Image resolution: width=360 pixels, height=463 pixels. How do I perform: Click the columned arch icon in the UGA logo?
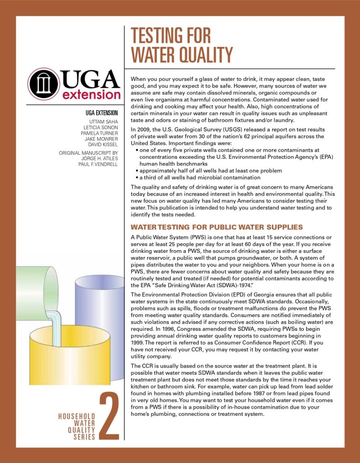coord(43,84)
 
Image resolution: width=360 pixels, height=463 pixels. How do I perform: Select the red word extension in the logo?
coord(91,95)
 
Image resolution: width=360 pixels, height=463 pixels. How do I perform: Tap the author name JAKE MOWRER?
coord(100,139)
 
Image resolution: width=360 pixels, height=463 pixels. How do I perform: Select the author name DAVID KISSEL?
coord(101,145)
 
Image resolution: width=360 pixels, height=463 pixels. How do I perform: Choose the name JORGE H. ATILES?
coord(99,158)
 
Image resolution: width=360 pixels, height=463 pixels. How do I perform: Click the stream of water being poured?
coord(57,326)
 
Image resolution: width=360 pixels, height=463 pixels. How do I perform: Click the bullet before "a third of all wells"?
coord(137,178)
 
